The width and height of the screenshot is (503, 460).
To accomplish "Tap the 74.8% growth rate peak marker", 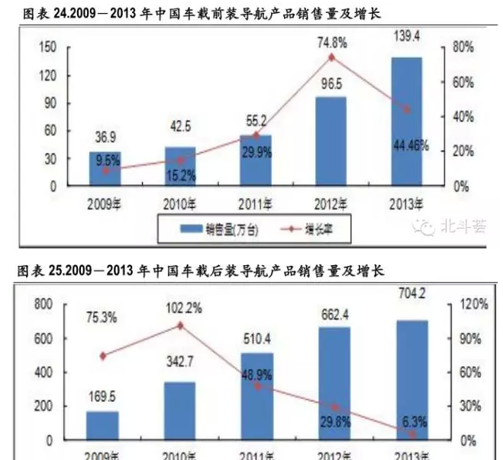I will click(331, 57).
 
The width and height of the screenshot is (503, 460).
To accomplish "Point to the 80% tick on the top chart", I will click(463, 47).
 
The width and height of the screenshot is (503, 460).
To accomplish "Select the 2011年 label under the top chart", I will click(256, 203).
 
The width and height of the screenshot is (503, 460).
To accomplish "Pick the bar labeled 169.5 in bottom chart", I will click(102, 426).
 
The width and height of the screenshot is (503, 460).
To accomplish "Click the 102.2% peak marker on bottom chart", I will click(180, 325).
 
